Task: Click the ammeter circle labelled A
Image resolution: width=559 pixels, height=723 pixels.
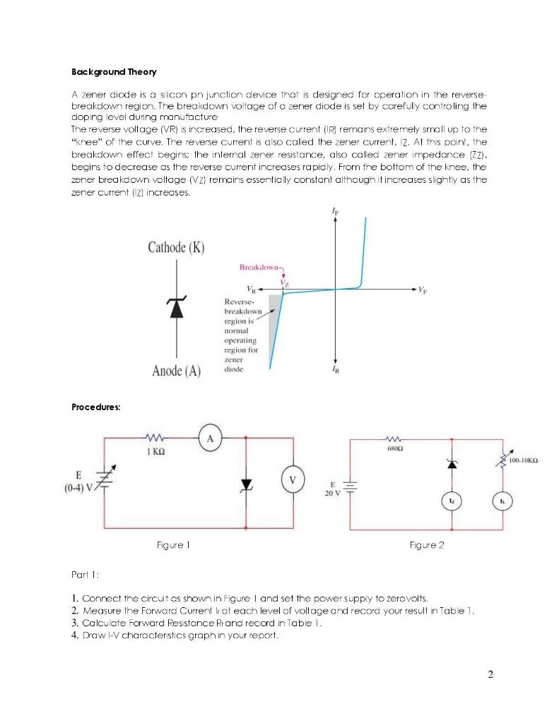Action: pyautogui.click(x=210, y=438)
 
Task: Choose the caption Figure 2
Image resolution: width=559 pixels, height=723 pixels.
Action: pyautogui.click(x=427, y=545)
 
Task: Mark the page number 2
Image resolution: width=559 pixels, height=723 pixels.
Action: pyautogui.click(x=491, y=674)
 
